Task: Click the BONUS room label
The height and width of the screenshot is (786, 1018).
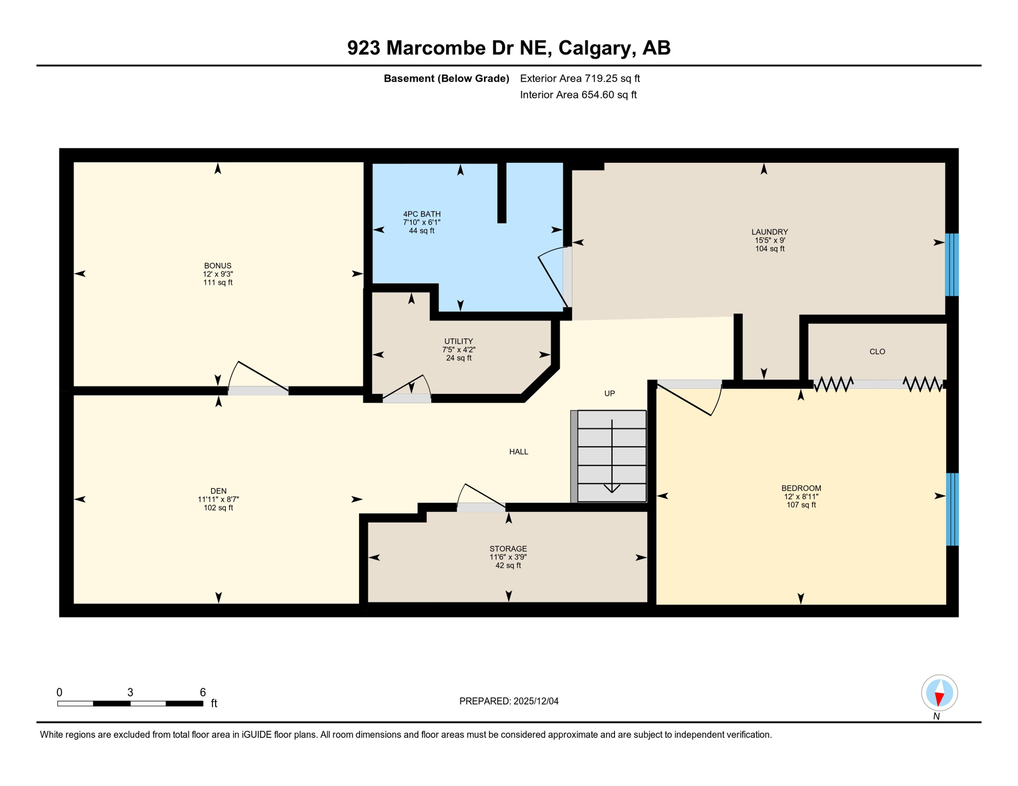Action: [x=218, y=266]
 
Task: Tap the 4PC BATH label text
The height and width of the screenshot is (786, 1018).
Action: [x=421, y=214]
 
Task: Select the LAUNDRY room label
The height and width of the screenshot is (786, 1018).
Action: [x=769, y=232]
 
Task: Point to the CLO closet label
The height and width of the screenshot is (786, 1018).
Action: [x=877, y=352]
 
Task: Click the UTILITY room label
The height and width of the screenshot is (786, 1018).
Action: [x=458, y=341]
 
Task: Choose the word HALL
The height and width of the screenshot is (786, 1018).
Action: [x=518, y=451]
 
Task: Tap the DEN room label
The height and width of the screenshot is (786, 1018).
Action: [x=218, y=491]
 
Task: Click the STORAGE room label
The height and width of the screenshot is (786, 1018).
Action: [x=507, y=549]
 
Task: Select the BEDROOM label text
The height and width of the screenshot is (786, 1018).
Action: [x=801, y=488]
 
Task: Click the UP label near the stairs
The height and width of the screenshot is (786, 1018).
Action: [x=609, y=394]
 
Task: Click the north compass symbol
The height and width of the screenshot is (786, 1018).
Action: [x=939, y=693]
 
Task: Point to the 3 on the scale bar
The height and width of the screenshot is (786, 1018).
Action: [x=130, y=692]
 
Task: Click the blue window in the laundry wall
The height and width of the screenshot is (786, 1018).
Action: [x=951, y=265]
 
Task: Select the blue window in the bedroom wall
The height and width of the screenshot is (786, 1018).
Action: [x=951, y=509]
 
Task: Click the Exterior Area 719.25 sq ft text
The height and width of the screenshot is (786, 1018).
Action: [x=580, y=78]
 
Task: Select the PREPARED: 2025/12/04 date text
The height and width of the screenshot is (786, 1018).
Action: [x=508, y=701]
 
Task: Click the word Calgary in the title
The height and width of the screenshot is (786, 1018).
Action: [x=593, y=48]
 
